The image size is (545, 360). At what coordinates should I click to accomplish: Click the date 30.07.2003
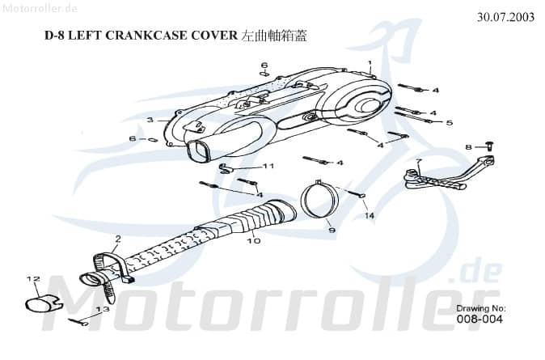pyautogui.click(x=505, y=17)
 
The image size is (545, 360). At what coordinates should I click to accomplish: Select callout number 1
pyautogui.click(x=370, y=63)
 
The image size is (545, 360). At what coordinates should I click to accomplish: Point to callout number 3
pyautogui.click(x=150, y=121)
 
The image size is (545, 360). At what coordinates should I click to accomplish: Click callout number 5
pyautogui.click(x=450, y=123)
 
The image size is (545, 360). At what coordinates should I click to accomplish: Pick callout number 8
pyautogui.click(x=467, y=146)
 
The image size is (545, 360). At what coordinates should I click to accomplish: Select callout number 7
pyautogui.click(x=417, y=163)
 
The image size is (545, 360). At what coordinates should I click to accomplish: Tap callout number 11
pyautogui.click(x=268, y=166)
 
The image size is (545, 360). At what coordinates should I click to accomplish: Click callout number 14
pyautogui.click(x=369, y=216)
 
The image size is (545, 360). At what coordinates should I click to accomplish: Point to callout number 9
pyautogui.click(x=332, y=231)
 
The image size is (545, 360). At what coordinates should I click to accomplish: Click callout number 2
pyautogui.click(x=117, y=239)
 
